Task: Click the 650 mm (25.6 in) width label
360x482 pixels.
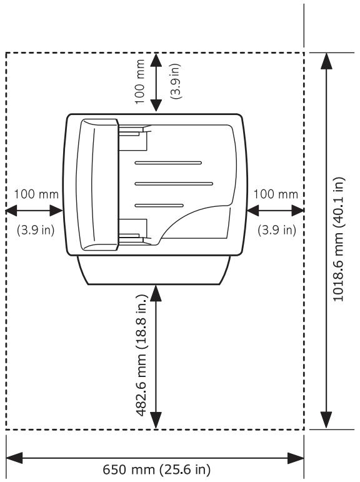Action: [156, 469]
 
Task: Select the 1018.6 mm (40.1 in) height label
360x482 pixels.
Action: [339, 239]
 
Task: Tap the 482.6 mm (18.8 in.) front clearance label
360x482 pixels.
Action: [142, 355]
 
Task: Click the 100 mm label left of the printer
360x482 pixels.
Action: [36, 194]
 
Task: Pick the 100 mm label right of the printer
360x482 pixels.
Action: [276, 194]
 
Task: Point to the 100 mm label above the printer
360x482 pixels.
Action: [139, 82]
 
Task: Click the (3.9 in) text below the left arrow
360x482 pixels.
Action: [36, 230]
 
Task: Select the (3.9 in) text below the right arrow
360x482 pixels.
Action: [277, 230]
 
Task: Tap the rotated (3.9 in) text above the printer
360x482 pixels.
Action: [176, 81]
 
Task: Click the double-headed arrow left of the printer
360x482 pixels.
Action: [34, 211]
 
